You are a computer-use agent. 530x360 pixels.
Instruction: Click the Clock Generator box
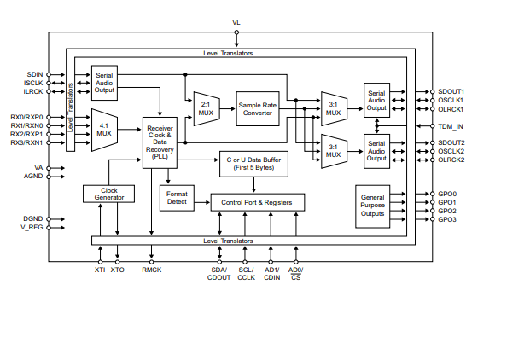click(x=109, y=194)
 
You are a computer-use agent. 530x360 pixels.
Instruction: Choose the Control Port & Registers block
click(x=257, y=202)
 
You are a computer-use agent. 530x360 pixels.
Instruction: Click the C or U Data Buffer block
click(x=253, y=164)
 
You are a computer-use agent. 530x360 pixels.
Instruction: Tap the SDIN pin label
click(x=35, y=74)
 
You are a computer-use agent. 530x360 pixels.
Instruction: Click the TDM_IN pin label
click(x=451, y=125)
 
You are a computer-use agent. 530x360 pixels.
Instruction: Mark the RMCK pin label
click(x=152, y=270)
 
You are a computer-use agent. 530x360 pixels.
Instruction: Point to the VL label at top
click(x=236, y=22)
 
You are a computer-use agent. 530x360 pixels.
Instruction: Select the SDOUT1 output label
click(x=451, y=91)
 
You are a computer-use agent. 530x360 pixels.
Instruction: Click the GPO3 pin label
click(x=447, y=219)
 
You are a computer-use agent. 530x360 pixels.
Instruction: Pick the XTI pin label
click(x=100, y=270)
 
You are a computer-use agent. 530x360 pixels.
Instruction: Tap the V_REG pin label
click(x=33, y=228)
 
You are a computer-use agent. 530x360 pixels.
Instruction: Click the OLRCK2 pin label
click(x=451, y=160)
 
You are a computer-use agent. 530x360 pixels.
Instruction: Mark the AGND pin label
click(x=33, y=177)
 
